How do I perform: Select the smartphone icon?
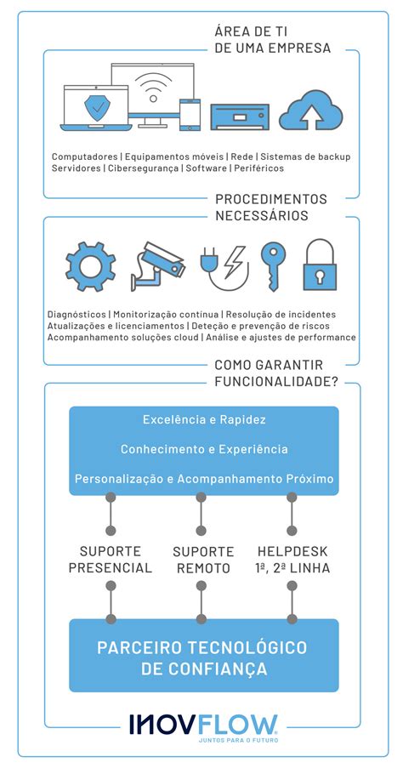click(189, 114)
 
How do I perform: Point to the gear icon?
click(90, 267)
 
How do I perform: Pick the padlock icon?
click(320, 265)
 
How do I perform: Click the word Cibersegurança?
click(143, 168)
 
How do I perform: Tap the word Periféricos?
click(258, 168)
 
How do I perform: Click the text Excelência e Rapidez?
click(204, 420)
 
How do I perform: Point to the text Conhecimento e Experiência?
click(204, 449)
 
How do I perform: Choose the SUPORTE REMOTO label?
click(201, 559)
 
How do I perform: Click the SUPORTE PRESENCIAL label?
click(111, 559)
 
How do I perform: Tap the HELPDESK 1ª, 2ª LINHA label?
click(293, 559)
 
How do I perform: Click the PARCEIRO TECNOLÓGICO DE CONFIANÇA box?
click(203, 657)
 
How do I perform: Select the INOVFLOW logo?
click(203, 726)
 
